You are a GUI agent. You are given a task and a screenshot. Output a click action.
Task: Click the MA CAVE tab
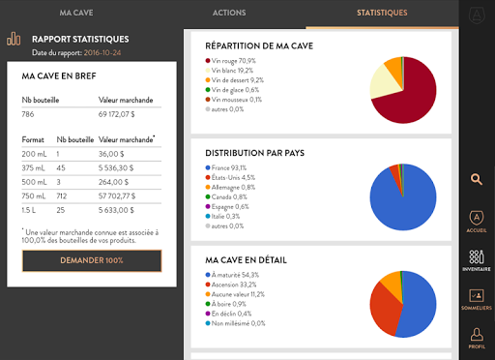click(x=76, y=13)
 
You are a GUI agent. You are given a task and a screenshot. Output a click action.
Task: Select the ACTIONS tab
click(x=229, y=13)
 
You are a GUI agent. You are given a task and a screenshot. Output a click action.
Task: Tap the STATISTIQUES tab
click(x=382, y=13)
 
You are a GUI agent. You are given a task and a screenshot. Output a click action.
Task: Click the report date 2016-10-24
click(x=102, y=53)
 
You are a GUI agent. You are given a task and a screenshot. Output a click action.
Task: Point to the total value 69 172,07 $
click(x=117, y=114)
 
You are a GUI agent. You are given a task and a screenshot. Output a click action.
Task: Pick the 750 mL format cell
click(x=34, y=196)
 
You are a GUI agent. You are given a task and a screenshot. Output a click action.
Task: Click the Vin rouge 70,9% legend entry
click(x=231, y=61)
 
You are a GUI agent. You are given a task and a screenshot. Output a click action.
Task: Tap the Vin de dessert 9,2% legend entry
click(x=235, y=80)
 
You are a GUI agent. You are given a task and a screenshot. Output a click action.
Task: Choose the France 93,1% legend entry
click(x=226, y=167)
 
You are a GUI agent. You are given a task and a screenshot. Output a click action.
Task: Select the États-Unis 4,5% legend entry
click(x=230, y=177)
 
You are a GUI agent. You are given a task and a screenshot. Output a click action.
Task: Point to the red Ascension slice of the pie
click(x=384, y=310)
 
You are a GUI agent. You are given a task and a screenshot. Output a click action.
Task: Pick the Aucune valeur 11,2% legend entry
click(x=235, y=294)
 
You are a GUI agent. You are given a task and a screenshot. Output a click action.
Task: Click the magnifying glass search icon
click(x=477, y=179)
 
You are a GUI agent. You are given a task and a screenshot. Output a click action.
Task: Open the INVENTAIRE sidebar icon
click(x=477, y=260)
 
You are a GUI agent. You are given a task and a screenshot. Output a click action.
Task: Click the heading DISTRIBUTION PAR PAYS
click(x=255, y=153)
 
